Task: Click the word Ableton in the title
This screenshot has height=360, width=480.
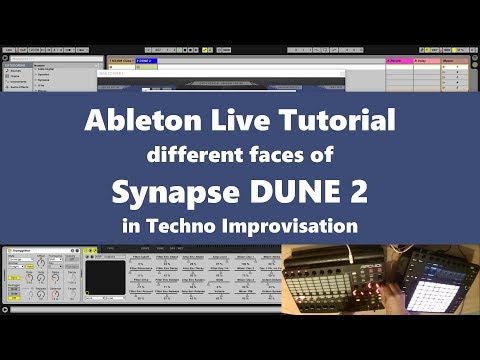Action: tap(137, 123)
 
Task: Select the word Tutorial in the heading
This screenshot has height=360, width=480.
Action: tap(331, 123)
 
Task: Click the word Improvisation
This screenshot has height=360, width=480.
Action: tap(298, 226)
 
